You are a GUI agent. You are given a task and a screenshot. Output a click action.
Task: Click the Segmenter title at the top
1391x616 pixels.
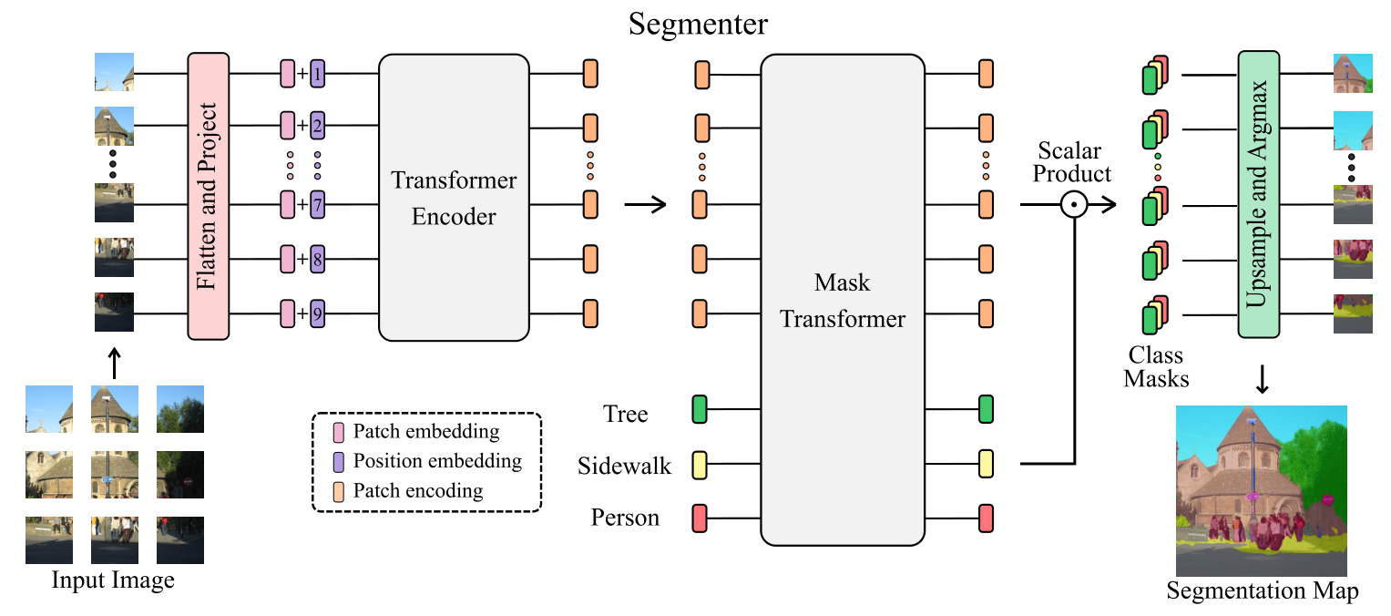(x=699, y=25)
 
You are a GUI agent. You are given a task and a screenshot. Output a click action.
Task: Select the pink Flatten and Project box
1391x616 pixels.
(x=206, y=194)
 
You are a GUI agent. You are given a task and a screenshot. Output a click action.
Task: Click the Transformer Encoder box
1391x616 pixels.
(x=454, y=198)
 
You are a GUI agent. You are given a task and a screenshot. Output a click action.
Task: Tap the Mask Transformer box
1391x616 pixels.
(x=842, y=300)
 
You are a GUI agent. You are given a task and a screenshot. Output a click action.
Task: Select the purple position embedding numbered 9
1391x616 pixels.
(x=317, y=315)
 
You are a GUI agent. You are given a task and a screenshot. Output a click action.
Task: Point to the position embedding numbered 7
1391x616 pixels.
(x=317, y=205)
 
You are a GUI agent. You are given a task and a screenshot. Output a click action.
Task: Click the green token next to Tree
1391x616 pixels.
(x=700, y=409)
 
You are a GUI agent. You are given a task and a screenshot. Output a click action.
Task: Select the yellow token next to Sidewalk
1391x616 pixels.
(x=700, y=465)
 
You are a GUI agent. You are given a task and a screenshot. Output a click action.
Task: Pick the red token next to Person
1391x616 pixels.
(x=700, y=518)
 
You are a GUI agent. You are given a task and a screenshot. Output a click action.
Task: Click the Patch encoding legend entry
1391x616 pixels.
(x=417, y=490)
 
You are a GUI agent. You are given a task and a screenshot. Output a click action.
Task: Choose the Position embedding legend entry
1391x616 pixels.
(x=436, y=460)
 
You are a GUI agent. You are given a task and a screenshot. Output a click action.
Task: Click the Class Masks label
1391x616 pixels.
(x=1156, y=366)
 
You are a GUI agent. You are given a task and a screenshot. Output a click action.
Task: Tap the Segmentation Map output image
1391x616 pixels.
(x=1261, y=490)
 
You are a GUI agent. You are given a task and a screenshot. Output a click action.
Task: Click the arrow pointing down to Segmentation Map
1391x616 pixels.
(x=1262, y=378)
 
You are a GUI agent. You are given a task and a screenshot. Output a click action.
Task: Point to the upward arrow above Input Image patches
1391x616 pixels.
(x=114, y=361)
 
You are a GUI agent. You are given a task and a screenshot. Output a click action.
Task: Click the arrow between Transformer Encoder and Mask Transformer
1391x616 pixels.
(x=644, y=205)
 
